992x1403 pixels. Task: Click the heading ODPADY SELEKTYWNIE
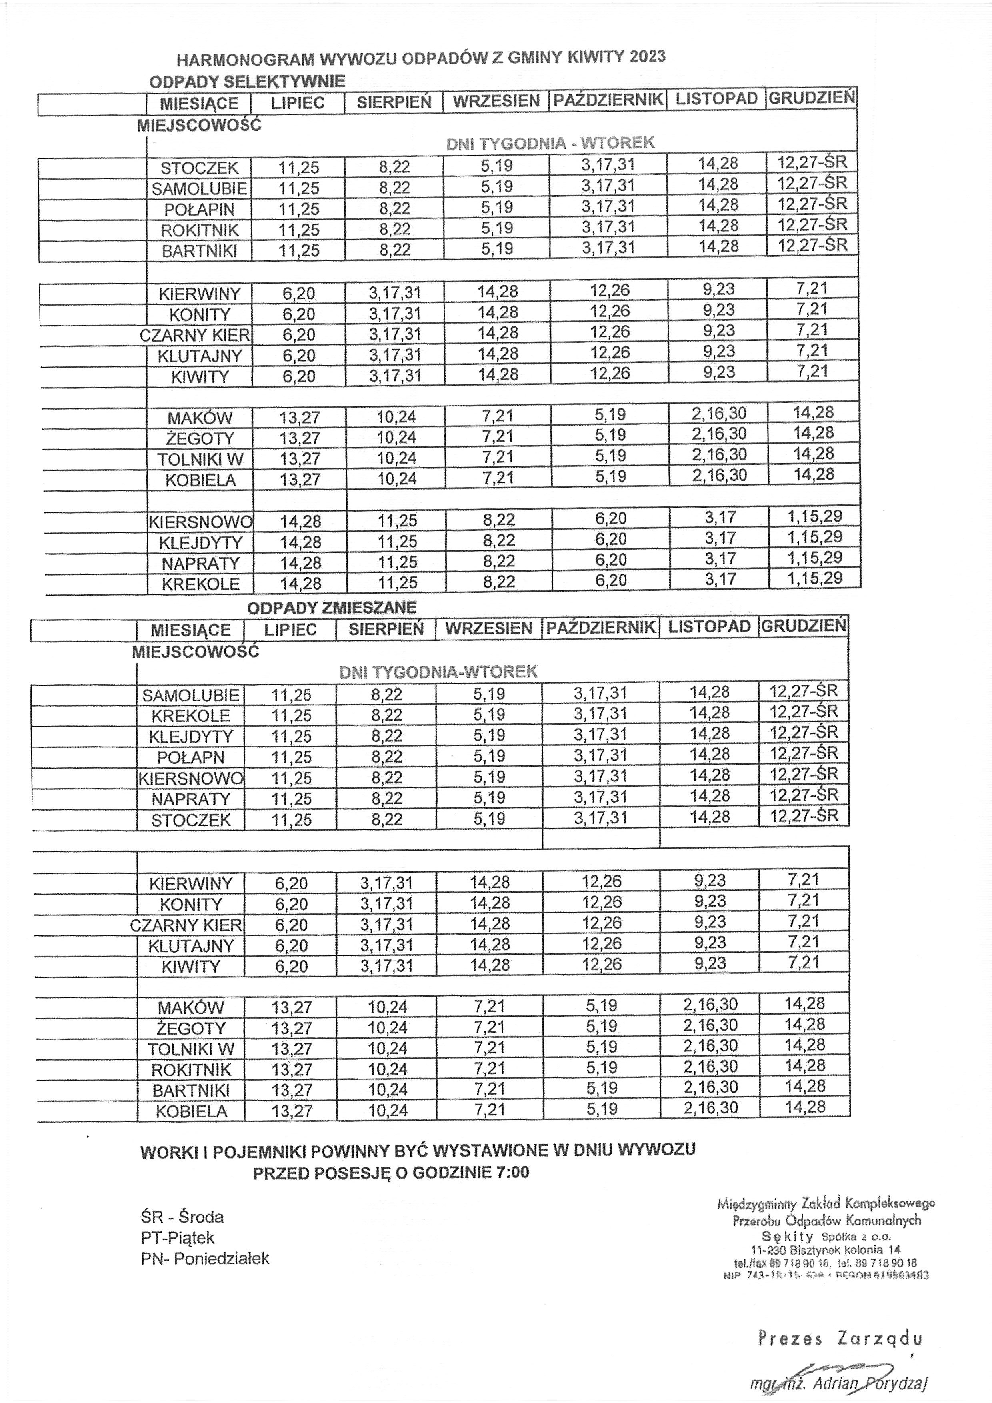click(247, 81)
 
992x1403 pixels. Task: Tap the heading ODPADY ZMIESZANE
click(332, 607)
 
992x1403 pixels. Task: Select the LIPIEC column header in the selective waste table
click(298, 103)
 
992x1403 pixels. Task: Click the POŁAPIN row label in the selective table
click(199, 210)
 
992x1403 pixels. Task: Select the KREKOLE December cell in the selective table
click(814, 578)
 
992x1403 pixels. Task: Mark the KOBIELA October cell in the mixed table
click(602, 1109)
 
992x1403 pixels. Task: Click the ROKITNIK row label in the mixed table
click(191, 1069)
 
